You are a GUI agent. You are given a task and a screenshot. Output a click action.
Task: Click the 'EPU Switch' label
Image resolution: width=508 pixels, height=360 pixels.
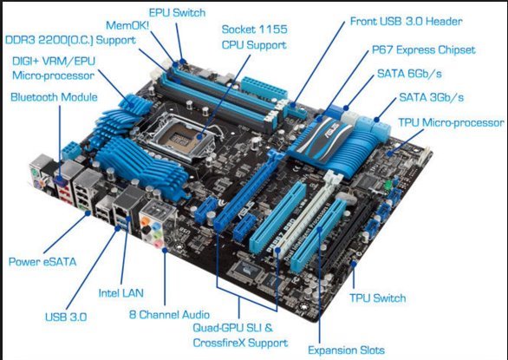click(x=177, y=13)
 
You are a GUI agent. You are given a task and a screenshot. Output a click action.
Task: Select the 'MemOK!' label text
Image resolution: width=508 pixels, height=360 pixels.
click(x=127, y=25)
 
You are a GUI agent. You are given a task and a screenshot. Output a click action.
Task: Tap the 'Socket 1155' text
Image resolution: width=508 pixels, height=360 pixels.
click(x=254, y=29)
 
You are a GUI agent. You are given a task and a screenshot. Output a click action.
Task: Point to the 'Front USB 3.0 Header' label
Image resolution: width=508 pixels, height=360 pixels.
click(x=406, y=22)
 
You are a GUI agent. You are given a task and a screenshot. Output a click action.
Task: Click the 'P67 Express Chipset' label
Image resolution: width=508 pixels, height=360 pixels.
click(x=423, y=50)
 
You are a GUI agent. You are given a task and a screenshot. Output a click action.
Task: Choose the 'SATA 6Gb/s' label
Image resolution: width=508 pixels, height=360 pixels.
click(x=409, y=74)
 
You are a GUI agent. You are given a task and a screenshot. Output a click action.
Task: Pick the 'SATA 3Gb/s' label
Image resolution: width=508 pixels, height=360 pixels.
click(x=431, y=97)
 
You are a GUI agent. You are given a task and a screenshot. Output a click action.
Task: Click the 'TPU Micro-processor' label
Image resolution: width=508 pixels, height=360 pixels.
click(x=451, y=122)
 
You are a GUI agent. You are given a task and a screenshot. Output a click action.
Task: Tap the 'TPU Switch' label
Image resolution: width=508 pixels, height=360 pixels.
click(x=377, y=298)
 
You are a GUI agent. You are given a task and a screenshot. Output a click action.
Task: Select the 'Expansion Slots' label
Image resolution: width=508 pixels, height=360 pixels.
click(x=346, y=350)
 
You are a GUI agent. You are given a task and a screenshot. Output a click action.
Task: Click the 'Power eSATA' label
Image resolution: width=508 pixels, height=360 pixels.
click(x=42, y=262)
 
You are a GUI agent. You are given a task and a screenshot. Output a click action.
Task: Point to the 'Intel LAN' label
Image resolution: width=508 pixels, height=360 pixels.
click(x=120, y=293)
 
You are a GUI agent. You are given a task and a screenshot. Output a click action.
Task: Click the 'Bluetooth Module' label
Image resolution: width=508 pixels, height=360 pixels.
click(x=54, y=97)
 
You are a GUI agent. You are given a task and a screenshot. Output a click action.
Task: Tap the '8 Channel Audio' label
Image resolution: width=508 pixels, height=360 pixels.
click(x=169, y=314)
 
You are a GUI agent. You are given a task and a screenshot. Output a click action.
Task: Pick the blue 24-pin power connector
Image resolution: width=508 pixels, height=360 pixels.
click(x=264, y=88)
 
